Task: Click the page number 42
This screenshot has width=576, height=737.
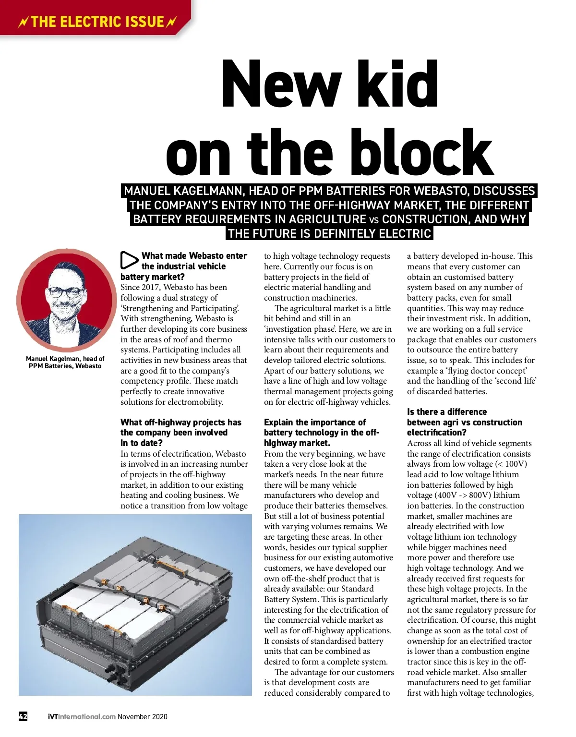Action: pos(23,716)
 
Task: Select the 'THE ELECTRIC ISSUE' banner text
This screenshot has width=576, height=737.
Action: pos(97,22)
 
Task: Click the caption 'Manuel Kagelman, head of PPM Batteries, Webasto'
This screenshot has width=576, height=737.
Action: pos(65,362)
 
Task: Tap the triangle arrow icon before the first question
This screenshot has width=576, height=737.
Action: pos(129,260)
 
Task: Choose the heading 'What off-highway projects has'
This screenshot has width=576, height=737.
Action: pos(180,423)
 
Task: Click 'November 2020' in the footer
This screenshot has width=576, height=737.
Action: pos(143,716)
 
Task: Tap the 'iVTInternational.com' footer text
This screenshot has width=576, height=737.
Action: pos(82,716)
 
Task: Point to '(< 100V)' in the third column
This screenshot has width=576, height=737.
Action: pos(511,464)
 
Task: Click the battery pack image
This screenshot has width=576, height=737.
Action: pos(135,605)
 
